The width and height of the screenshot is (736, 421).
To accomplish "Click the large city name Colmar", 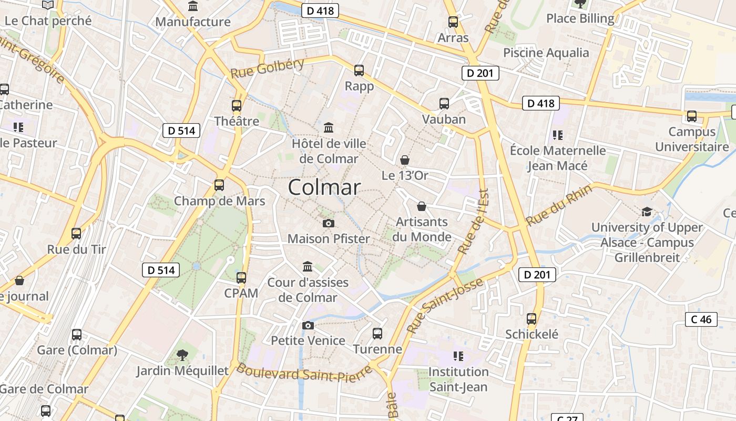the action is tap(324, 187).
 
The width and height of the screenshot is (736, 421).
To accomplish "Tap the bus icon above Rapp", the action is tap(359, 70).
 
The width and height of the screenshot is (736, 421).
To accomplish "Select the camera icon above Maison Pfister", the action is tap(329, 223).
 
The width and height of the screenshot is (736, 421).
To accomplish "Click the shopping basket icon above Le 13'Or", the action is tap(405, 159).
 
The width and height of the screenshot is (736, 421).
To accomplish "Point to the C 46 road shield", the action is tap(701, 319).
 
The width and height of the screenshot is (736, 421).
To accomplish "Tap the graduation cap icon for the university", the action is tap(647, 212).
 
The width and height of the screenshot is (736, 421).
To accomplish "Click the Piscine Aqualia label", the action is tap(546, 53).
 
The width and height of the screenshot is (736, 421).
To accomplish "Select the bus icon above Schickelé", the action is tap(531, 318).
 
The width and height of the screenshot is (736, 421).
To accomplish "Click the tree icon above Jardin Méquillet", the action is tap(182, 355).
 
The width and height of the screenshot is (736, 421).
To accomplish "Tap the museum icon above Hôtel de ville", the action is tap(329, 127).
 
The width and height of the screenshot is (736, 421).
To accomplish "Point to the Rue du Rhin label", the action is tap(559, 205).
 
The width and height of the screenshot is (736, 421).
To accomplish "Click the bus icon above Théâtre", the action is tap(237, 105).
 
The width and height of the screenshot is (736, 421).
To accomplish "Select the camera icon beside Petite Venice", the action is tap(308, 325).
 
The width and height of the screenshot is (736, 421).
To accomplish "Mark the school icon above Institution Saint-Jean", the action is tap(458, 356).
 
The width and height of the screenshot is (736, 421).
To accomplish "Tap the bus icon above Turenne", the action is tap(377, 333).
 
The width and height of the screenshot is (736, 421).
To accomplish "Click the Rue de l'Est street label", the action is tap(474, 222).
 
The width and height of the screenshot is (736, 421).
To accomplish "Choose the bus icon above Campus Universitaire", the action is tap(692, 116).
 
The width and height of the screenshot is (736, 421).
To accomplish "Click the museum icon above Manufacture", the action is tap(193, 6).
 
